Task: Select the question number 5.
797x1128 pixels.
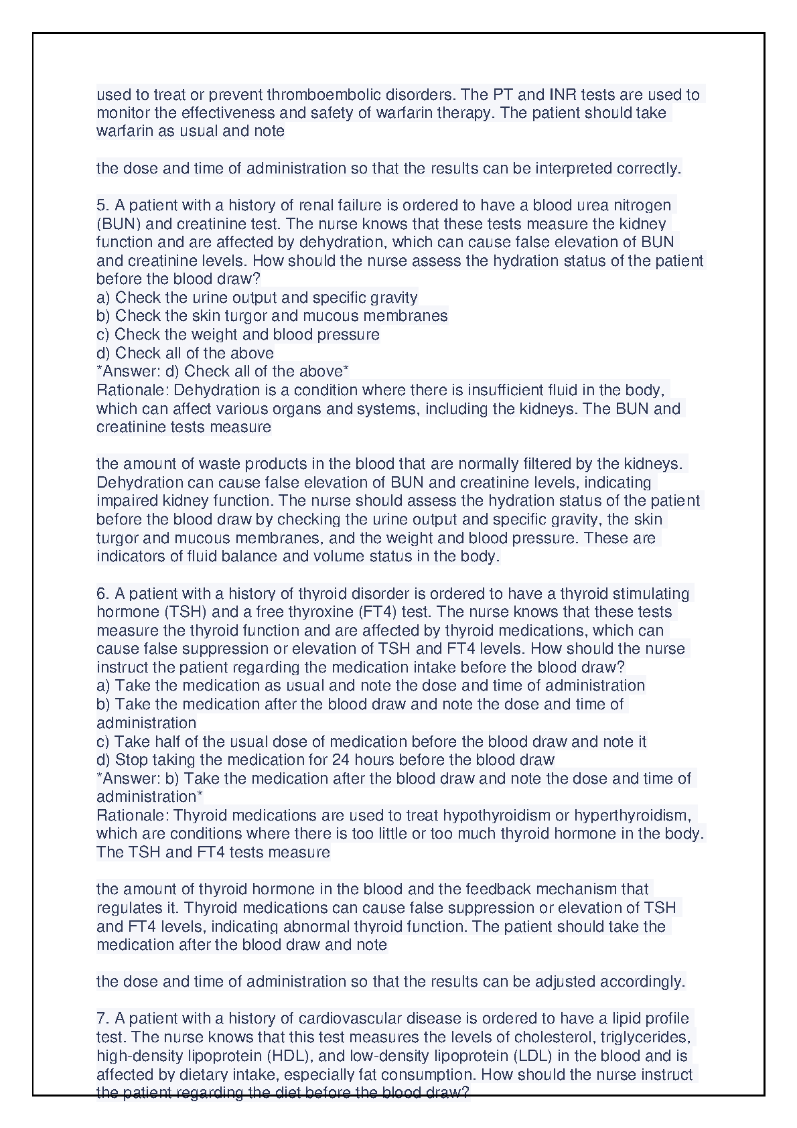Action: [x=102, y=205]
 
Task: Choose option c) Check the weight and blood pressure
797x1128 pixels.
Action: [x=238, y=334]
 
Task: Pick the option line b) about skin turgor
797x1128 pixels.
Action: [x=272, y=315]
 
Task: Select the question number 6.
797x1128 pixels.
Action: [x=102, y=593]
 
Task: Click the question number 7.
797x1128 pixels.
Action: [x=102, y=1018]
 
